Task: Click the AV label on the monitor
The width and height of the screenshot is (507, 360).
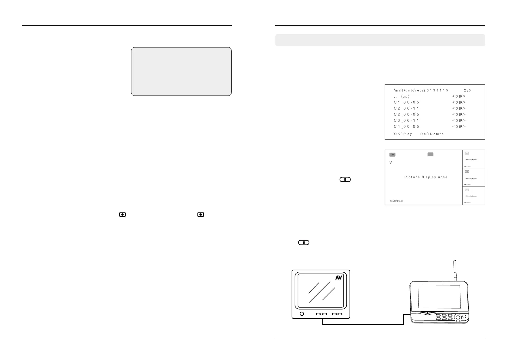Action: pos(338,277)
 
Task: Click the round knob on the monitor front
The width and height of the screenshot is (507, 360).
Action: pos(302,314)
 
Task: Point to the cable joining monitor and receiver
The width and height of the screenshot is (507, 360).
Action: pos(363,325)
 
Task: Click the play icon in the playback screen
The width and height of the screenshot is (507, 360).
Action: pos(392,154)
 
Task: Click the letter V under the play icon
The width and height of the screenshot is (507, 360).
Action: pos(391,163)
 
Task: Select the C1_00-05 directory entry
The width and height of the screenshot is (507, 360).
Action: pos(406,102)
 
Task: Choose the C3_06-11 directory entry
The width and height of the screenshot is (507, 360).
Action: pos(406,120)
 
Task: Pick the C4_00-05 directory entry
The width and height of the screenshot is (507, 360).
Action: pos(406,126)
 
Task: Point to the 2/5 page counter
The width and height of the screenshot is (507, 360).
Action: pos(467,90)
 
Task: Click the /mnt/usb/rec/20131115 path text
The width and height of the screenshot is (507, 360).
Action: pos(421,90)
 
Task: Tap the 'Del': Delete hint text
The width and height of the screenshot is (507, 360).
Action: pos(432,134)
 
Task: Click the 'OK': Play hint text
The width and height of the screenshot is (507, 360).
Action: pos(403,134)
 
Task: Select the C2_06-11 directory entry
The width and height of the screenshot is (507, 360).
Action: pos(406,108)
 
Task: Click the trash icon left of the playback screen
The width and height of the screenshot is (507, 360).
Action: pos(345,180)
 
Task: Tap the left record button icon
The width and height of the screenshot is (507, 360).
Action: pos(122,214)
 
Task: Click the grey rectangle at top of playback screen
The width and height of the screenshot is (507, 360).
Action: pos(431,154)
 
